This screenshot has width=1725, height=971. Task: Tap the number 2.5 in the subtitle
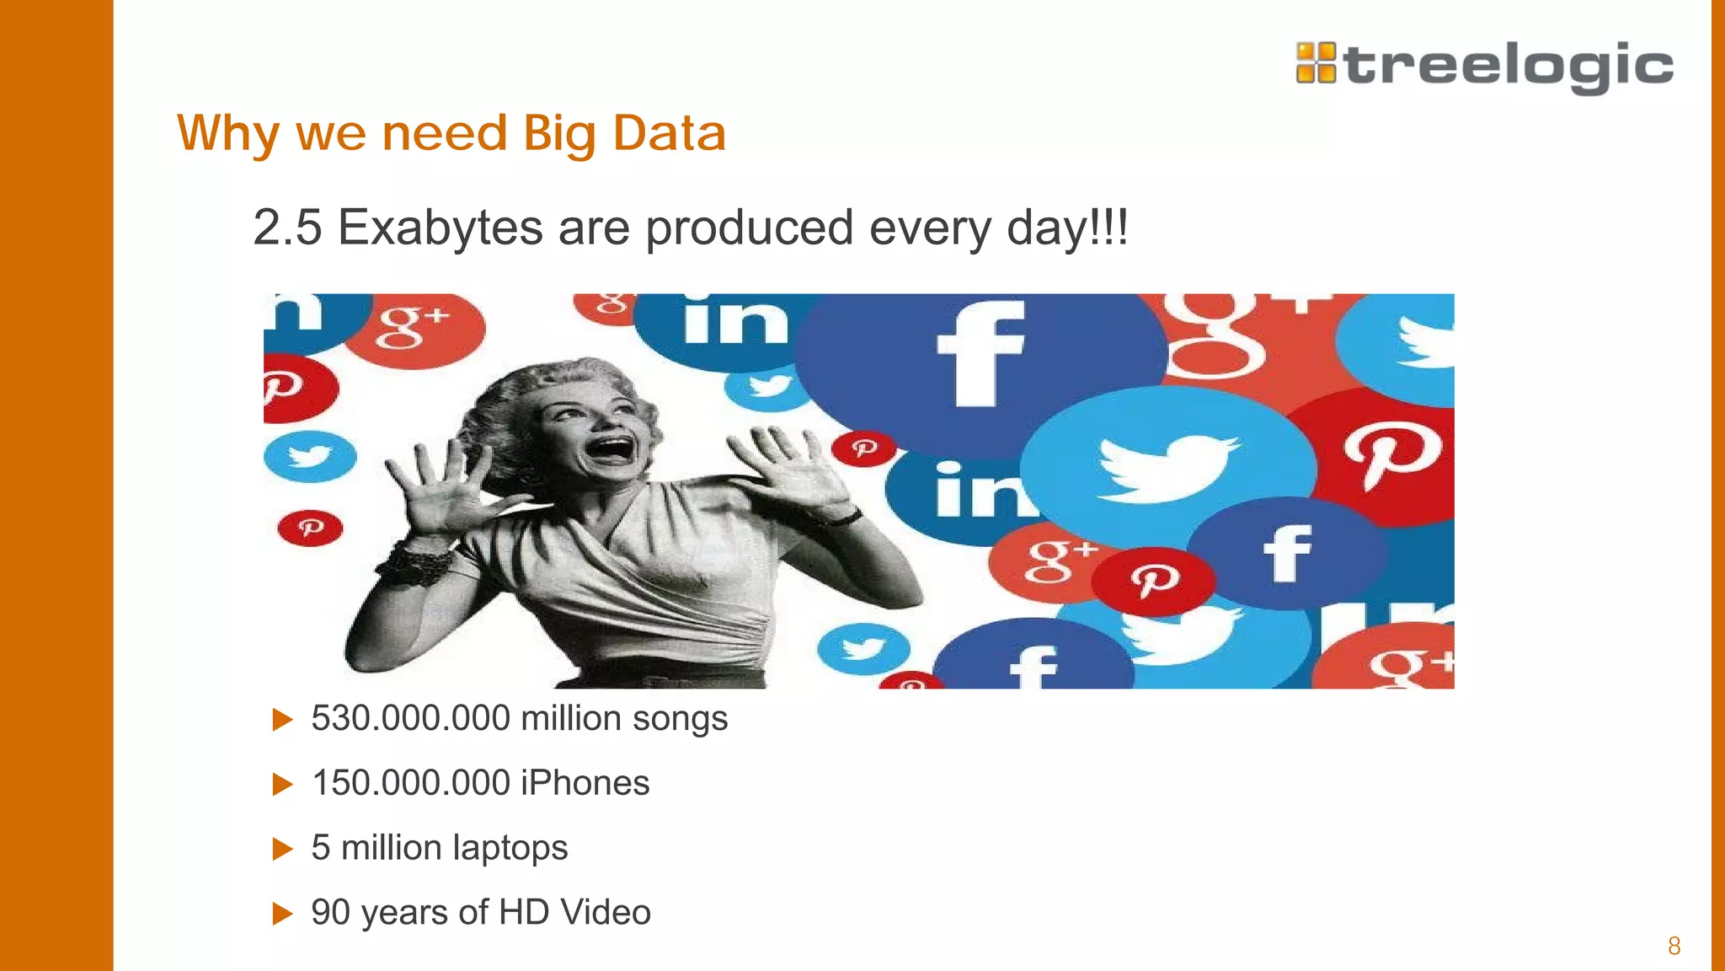287,228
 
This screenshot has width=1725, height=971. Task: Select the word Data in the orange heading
669,133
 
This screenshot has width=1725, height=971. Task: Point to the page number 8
1674,946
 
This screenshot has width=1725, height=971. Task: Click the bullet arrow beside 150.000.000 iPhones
282,785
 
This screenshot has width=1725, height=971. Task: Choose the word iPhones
585,783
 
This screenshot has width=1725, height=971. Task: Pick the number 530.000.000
411,718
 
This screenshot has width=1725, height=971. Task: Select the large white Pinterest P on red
1391,455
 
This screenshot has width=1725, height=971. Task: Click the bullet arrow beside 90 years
282,914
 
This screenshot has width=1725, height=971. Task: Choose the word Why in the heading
227,133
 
